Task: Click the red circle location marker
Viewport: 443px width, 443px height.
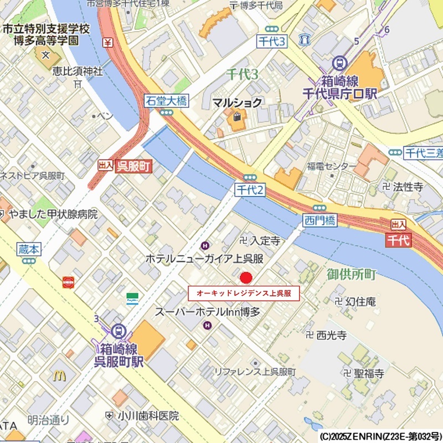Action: click(x=246, y=277)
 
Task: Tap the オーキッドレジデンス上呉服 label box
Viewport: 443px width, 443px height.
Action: click(x=244, y=293)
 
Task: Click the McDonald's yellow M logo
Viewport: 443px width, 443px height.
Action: click(x=59, y=375)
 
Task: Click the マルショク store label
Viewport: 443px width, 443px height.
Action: click(x=238, y=102)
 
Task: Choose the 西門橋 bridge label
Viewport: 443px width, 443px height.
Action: click(x=320, y=220)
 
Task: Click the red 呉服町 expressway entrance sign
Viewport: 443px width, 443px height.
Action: click(x=133, y=166)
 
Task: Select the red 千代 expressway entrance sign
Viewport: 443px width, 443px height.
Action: click(x=398, y=240)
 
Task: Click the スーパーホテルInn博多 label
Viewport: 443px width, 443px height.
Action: click(x=207, y=312)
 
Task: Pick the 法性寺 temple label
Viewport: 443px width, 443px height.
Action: click(x=408, y=187)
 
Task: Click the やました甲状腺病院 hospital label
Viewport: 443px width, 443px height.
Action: click(x=53, y=214)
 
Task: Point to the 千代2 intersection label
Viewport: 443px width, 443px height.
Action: click(x=250, y=189)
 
